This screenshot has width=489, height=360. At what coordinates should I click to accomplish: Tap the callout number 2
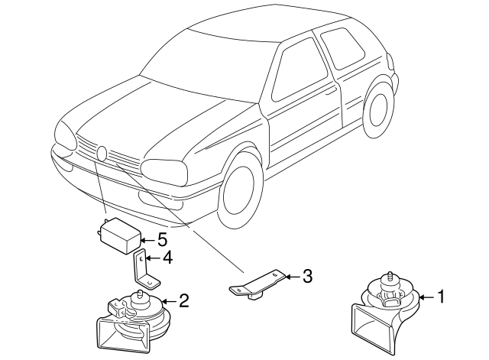click(x=183, y=300)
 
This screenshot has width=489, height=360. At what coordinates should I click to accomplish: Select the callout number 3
click(x=307, y=275)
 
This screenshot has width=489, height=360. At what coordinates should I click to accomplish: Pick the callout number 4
click(x=167, y=258)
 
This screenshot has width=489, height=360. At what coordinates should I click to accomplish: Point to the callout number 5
click(x=161, y=238)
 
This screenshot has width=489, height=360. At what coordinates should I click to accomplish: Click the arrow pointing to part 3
click(x=292, y=275)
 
